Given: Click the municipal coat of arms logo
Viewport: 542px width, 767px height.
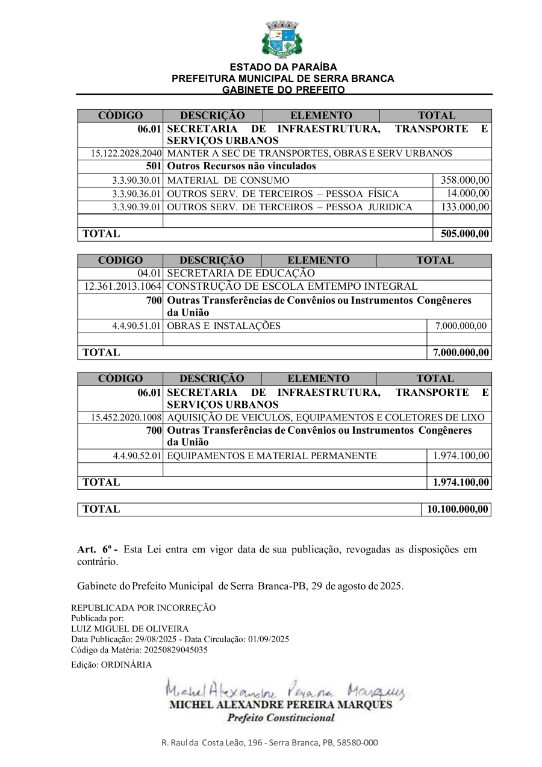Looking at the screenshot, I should tap(281, 38).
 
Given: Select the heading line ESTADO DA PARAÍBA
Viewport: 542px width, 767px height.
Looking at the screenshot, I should tap(283, 67).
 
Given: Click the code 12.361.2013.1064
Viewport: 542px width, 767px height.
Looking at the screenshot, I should tap(123, 286).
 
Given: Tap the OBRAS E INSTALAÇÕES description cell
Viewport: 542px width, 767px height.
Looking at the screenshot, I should tap(223, 326).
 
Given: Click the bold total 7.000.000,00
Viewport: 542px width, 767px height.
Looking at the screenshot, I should tap(461, 352).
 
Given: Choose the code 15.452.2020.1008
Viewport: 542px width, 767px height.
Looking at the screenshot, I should tap(126, 418).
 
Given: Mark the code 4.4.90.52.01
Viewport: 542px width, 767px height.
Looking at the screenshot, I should tap(137, 456).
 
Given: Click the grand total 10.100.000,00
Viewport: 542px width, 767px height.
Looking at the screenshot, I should tap(457, 510).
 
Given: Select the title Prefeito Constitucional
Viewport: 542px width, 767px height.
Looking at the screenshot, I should tap(281, 718).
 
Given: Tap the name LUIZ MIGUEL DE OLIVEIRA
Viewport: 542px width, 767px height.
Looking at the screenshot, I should tap(129, 628).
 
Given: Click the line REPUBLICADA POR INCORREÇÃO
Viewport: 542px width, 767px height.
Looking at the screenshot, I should tap(143, 608).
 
